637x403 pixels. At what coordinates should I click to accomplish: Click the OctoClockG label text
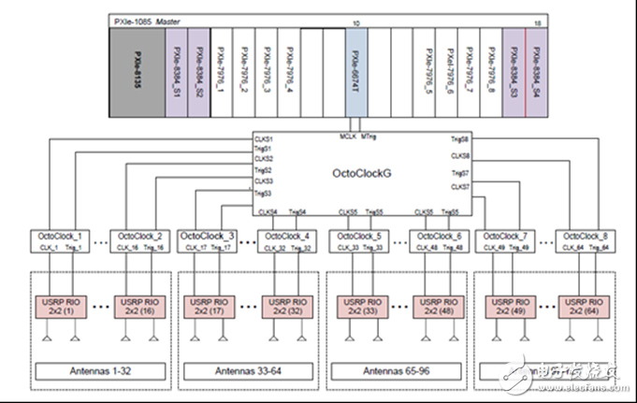(361, 173)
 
